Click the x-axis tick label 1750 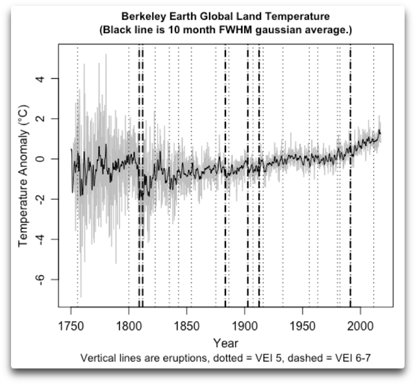[x=71, y=325]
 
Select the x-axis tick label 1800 [x=129, y=325]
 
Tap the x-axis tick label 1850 [x=186, y=325]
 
